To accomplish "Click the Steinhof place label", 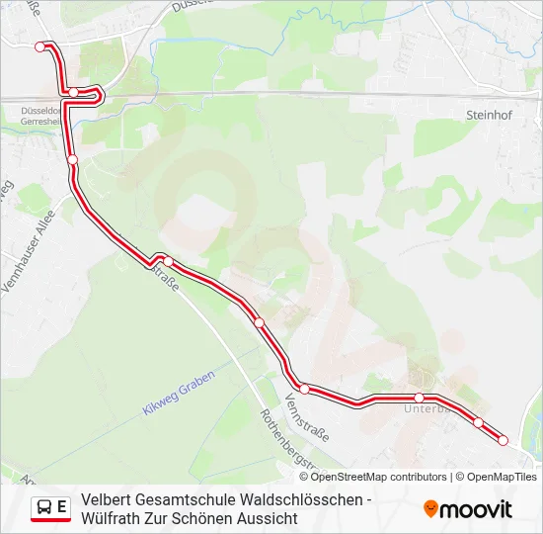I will click(x=486, y=115).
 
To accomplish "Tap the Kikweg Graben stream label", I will click(x=178, y=395).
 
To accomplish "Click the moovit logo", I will click(x=468, y=509).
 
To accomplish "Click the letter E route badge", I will click(x=62, y=507).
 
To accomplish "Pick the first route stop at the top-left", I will click(x=40, y=46).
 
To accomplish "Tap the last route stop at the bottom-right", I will click(x=503, y=440).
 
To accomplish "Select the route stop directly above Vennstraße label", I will click(x=305, y=389).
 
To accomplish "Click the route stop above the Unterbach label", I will click(x=419, y=398).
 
